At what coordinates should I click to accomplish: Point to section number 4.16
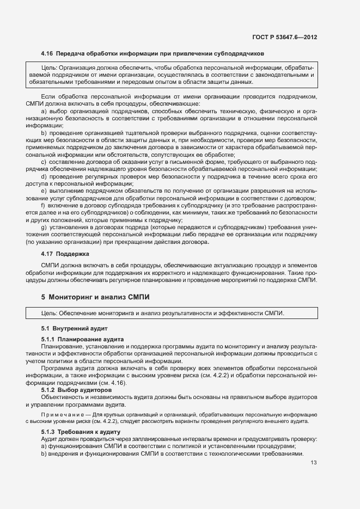pos(48,54)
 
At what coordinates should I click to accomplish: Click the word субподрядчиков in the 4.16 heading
pos(237,54)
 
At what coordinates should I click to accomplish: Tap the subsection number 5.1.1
pos(50,339)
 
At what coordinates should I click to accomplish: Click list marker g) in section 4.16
pos(44,226)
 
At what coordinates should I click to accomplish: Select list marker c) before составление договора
pos(44,162)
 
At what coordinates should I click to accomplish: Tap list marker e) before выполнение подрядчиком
pos(44,191)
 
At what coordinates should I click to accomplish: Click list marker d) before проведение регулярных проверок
pos(44,176)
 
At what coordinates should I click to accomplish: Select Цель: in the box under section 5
pos(49,313)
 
